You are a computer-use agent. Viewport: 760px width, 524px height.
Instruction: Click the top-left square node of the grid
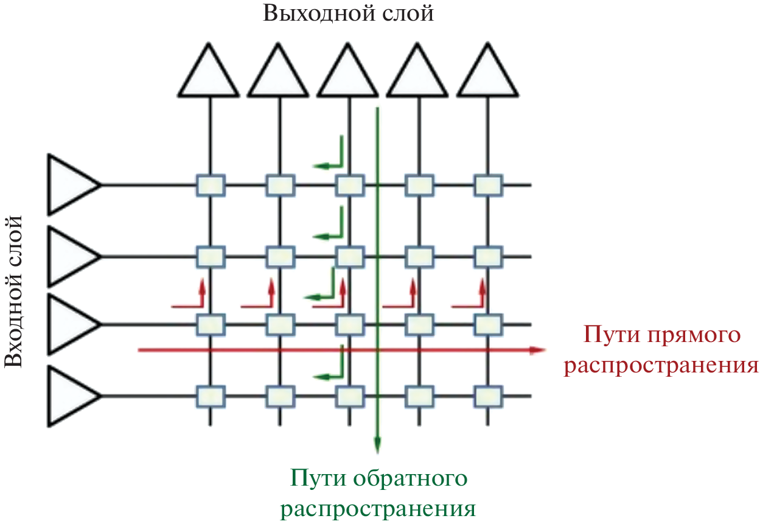210,184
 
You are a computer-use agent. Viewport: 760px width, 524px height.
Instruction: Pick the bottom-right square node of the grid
487,396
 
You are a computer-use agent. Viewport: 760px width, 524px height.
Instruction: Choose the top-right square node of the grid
487,184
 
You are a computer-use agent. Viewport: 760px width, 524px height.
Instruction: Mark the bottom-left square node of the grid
210,396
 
